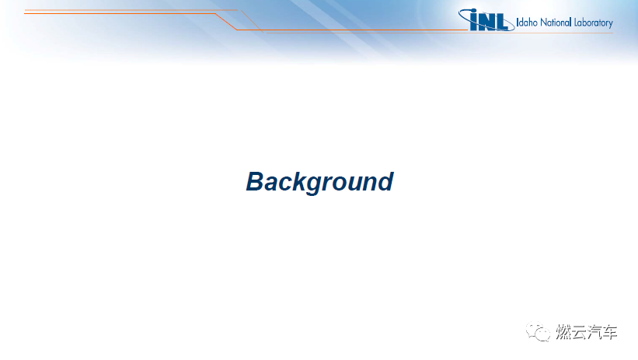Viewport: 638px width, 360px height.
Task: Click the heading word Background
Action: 320,182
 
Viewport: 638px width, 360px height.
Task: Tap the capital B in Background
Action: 256,181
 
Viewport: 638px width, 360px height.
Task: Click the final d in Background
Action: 385,181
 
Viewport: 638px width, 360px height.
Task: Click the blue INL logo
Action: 486,20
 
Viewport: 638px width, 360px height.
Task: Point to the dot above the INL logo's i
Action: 473,12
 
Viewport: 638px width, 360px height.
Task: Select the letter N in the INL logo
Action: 486,23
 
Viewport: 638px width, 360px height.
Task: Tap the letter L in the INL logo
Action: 502,23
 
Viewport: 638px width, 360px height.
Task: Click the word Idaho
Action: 527,23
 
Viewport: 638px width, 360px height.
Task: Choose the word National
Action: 556,23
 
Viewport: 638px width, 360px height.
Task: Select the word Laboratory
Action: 593,23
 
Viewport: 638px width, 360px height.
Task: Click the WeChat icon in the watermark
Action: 538,331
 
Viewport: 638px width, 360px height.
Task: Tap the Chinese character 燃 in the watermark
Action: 563,332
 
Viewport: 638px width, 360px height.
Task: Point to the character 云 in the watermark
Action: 579,332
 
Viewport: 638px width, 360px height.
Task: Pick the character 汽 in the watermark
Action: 594,332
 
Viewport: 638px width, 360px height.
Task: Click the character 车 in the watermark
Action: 610,332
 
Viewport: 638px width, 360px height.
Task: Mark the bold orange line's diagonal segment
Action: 226,22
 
